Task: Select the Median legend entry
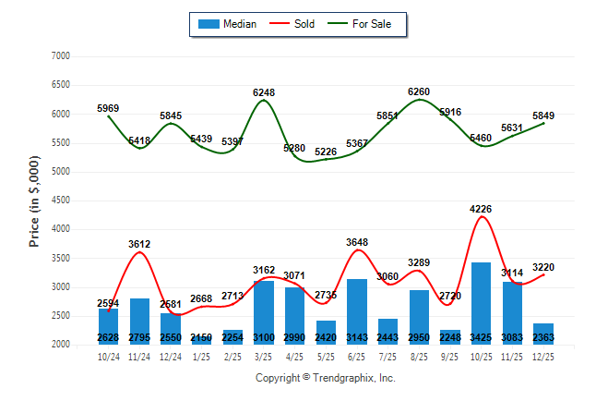(x=230, y=24)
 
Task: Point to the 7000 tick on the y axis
(x=60, y=56)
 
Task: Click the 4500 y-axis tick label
(x=60, y=200)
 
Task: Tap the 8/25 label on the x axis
(x=419, y=357)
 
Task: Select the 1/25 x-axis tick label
(x=201, y=357)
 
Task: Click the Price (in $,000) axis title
(x=34, y=200)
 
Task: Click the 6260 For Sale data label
(x=419, y=91)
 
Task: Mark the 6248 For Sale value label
(x=264, y=92)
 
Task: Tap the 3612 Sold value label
(x=139, y=244)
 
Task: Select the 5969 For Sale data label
(x=108, y=109)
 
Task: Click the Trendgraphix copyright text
(x=325, y=378)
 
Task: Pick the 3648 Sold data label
(x=357, y=242)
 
